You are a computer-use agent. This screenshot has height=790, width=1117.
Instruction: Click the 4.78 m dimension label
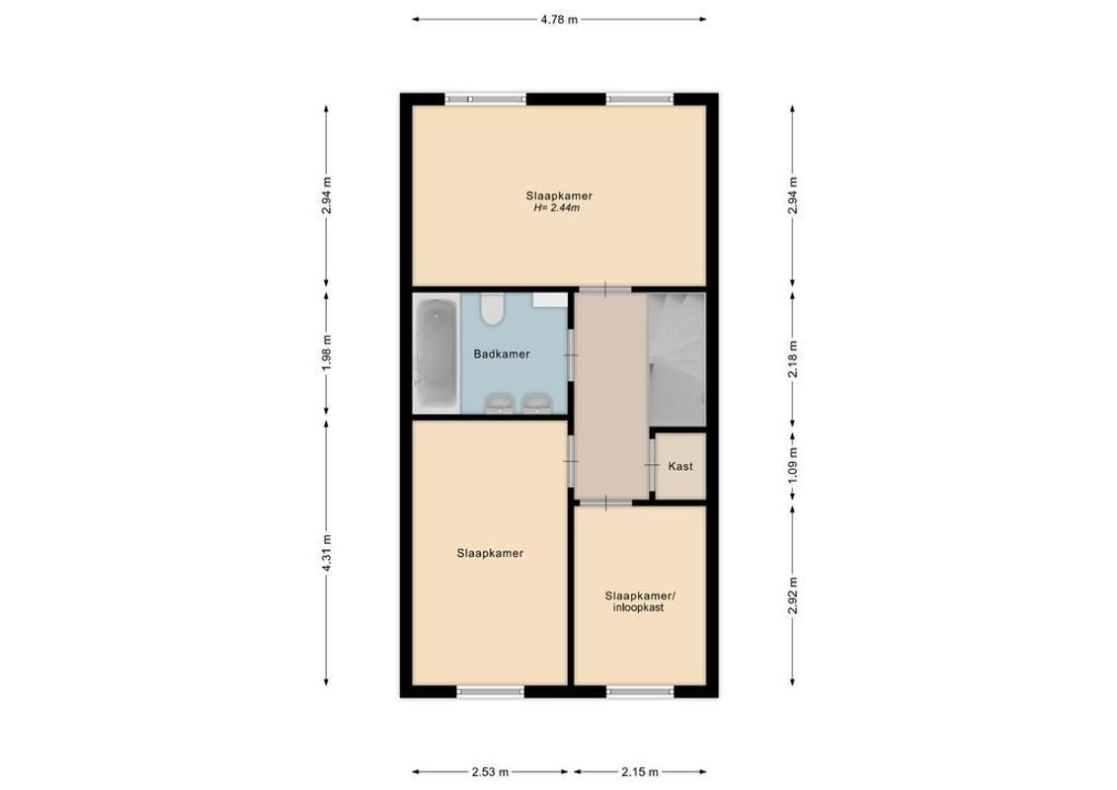click(558, 19)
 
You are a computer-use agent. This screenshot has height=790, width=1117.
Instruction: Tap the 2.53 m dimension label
click(490, 772)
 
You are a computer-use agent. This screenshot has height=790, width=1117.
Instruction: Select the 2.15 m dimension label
click(639, 772)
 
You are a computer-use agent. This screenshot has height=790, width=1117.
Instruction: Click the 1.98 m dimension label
click(328, 353)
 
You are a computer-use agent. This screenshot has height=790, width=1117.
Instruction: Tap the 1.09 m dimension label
click(792, 465)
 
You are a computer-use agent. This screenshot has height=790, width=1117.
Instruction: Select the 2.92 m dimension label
click(792, 595)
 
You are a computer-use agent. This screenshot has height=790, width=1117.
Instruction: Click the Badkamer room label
click(502, 354)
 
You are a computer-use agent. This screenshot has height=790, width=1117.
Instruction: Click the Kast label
click(680, 466)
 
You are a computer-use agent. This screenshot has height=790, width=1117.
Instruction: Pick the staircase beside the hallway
click(677, 355)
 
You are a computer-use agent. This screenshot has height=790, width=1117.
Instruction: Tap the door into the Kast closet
click(652, 466)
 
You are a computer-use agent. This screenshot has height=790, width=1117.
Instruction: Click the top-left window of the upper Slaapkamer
click(477, 98)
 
